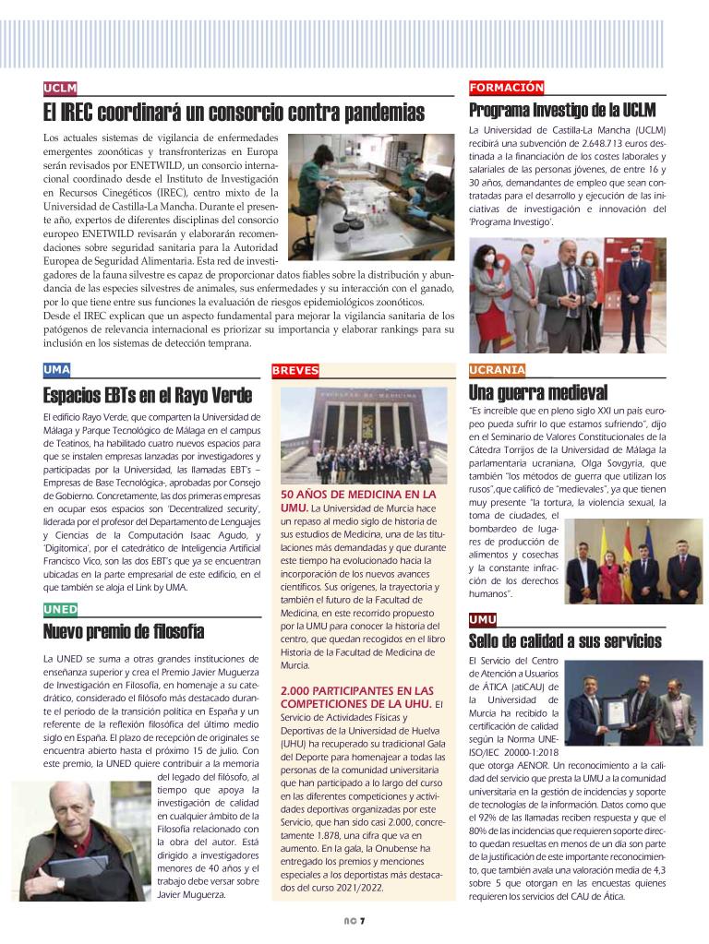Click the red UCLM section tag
[x=60, y=89]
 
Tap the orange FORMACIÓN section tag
[x=506, y=88]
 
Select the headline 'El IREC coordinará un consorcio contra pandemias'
[x=234, y=114]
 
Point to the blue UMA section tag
[x=56, y=370]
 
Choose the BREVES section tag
[x=295, y=370]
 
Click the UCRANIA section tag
[x=498, y=370]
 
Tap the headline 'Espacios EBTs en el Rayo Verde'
[x=147, y=397]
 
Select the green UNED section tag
[x=60, y=609]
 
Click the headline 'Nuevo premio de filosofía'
[x=124, y=632]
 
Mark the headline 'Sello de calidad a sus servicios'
[x=565, y=640]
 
